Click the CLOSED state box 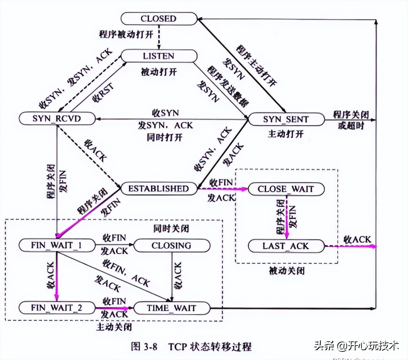pos(159,19)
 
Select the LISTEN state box pos(159,56)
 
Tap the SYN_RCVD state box pos(57,119)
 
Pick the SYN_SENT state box pos(286,119)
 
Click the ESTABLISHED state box pos(159,188)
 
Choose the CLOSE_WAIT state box pos(286,189)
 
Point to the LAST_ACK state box pos(286,246)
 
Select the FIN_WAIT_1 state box pos(57,246)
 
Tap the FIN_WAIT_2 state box pos(57,308)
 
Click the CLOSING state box pos(171,246)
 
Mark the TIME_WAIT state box pos(171,308)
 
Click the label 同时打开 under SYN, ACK pos(164,137)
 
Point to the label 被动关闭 pos(287,271)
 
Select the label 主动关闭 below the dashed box pos(113,326)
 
